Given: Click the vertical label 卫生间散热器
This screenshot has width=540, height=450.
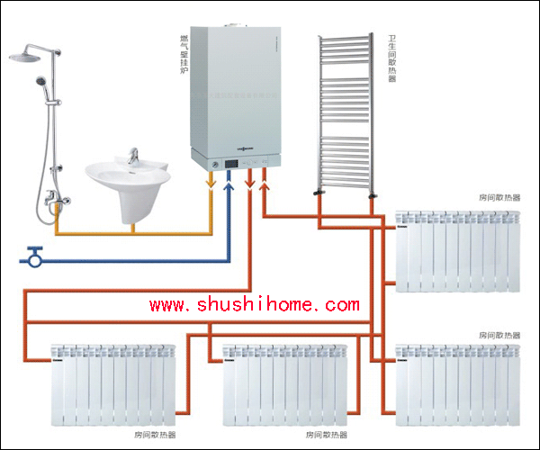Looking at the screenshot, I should tap(392, 58).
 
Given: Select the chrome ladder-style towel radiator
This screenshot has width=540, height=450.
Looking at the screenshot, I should tap(345, 112).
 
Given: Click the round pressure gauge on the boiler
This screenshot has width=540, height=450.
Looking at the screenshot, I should tap(217, 166).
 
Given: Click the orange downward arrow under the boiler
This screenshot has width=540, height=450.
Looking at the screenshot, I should tap(211, 182).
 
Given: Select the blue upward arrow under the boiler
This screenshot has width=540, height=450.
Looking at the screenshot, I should tap(229, 185).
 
